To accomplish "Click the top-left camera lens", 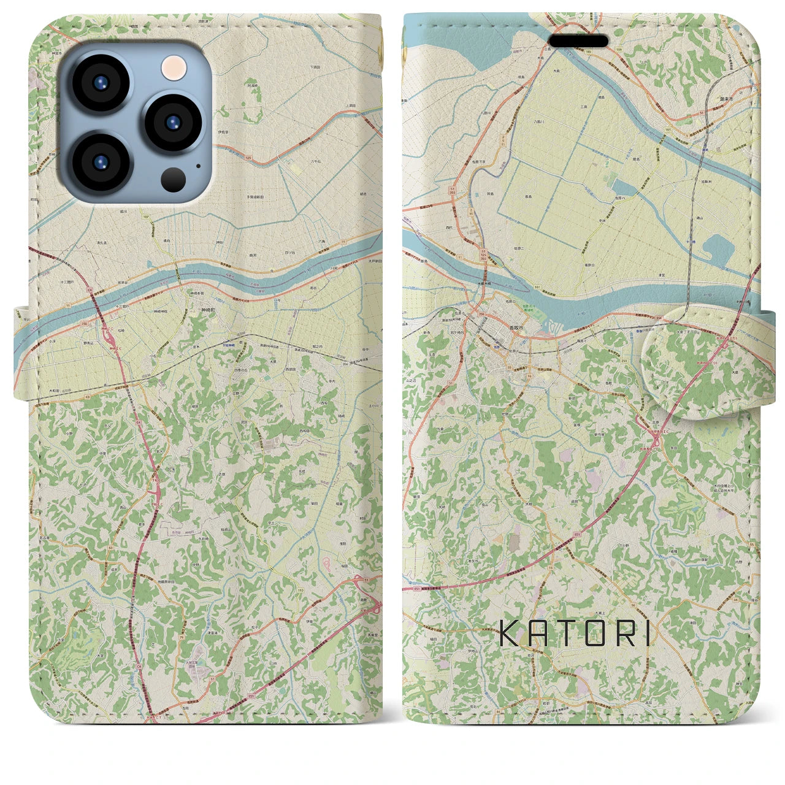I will point(100,83).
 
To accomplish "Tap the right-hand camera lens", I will point(174,121).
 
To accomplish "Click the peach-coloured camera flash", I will point(174,67).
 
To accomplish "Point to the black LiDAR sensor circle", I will point(174,178).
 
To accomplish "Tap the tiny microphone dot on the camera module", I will point(197,166).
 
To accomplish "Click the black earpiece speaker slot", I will point(578,41).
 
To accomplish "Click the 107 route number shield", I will point(145,216).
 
